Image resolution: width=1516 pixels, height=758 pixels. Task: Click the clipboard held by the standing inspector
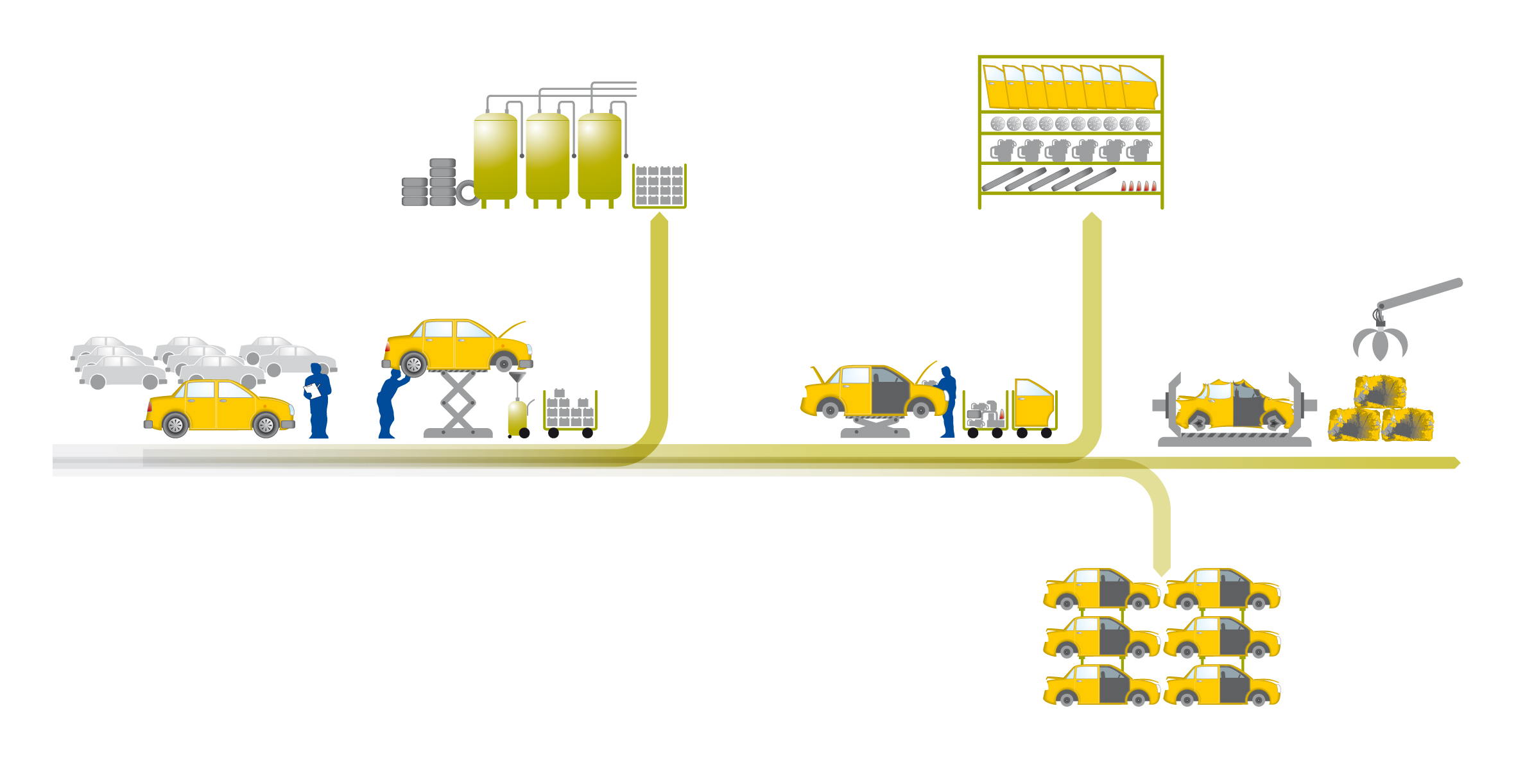pos(313,390)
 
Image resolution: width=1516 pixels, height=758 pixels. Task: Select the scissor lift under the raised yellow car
pos(458,404)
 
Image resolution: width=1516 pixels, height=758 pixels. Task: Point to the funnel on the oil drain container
pos(517,377)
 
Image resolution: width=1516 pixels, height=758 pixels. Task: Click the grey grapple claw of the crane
pos(1380,344)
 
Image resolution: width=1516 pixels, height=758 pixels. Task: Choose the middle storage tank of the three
pos(547,156)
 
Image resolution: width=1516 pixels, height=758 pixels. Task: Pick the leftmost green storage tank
pos(495,156)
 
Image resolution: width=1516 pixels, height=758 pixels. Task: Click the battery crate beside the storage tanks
pos(659,186)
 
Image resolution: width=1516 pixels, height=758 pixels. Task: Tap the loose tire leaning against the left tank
pos(467,193)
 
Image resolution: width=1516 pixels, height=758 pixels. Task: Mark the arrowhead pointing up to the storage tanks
pos(659,218)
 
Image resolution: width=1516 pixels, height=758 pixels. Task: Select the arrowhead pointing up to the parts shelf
pos(1092,218)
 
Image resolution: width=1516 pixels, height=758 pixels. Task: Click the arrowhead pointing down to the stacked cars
pos(1162,570)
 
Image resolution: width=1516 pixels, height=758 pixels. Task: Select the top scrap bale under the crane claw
pos(1380,392)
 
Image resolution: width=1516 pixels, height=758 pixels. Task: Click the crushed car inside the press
pos(1234,406)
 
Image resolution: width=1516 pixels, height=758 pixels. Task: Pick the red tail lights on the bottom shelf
pos(1139,186)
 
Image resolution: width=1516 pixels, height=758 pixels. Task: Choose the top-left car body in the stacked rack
pos(1101,589)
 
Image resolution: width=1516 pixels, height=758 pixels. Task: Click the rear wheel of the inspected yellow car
pos(175,425)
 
